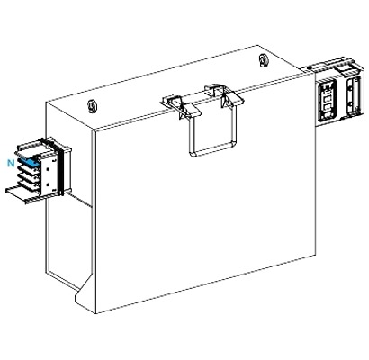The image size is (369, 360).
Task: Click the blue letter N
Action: tap(9, 164)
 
